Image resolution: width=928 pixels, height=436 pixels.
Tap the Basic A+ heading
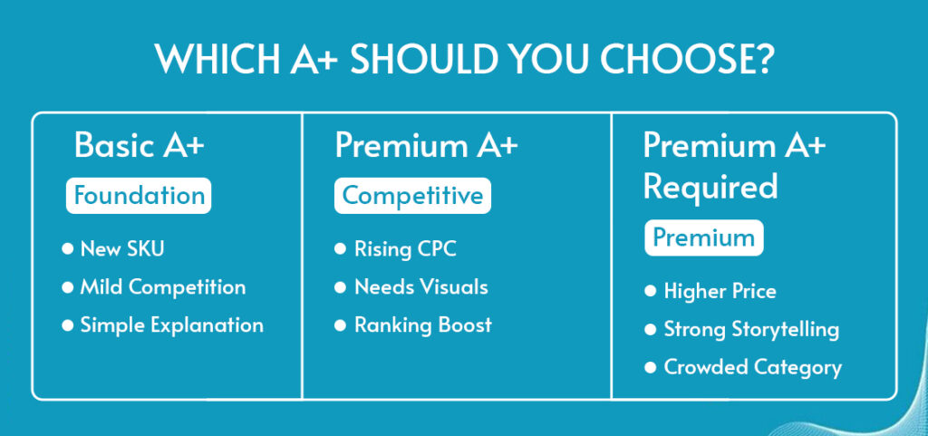coord(139,145)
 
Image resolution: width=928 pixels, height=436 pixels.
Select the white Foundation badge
coord(139,196)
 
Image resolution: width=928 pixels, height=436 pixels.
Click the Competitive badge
coord(412,196)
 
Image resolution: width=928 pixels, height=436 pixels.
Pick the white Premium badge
coord(703,237)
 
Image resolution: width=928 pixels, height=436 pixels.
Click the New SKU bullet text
coord(122,248)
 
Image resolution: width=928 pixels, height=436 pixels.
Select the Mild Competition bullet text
coord(163,287)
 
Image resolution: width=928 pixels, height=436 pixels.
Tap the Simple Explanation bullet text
coord(171,325)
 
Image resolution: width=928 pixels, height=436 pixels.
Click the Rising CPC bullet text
coord(405,248)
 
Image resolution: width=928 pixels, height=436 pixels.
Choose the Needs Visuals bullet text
coord(420,287)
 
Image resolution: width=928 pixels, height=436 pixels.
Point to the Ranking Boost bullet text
coord(422,325)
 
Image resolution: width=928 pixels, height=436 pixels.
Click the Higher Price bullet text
coord(720,291)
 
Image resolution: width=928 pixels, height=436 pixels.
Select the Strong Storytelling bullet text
coord(751,330)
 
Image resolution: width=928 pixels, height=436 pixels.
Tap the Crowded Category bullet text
coord(752,367)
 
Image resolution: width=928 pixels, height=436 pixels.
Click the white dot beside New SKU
coord(67,248)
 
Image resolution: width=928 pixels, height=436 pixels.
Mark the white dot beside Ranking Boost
coord(340,325)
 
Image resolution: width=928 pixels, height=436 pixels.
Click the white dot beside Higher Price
coord(651,291)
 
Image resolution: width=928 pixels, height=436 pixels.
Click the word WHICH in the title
coord(217,58)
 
